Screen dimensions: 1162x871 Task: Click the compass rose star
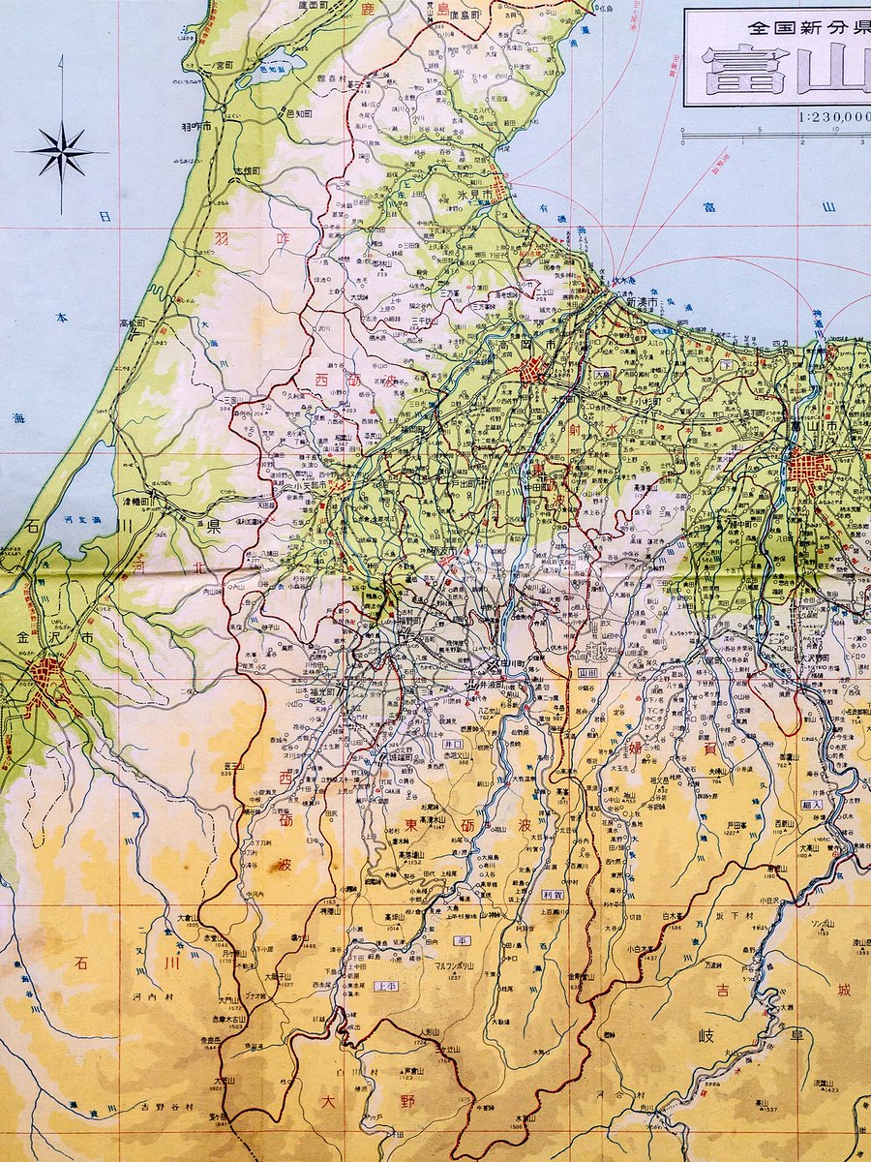(62, 153)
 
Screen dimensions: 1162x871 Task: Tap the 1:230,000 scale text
(828, 117)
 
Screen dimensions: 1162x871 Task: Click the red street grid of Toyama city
(811, 469)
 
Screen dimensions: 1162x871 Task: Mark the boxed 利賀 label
(553, 896)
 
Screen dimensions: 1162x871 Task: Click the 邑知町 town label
(274, 114)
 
